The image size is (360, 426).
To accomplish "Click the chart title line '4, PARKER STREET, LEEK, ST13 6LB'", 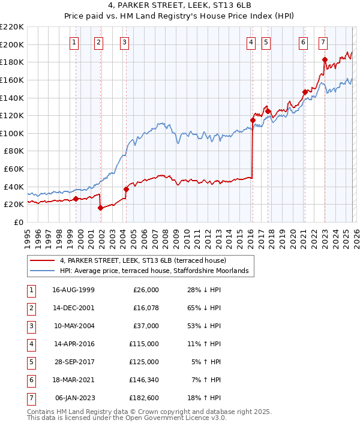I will point(179,5).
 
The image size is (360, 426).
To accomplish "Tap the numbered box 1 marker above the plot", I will point(74,42).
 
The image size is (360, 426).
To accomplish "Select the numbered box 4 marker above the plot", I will point(251,42).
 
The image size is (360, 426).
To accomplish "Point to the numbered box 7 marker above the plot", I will point(323,42).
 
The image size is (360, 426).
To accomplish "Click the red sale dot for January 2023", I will point(325,59).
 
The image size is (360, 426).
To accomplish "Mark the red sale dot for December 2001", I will point(100,208).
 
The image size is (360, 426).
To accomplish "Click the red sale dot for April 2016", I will point(253,120).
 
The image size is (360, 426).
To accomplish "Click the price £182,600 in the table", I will point(142,398).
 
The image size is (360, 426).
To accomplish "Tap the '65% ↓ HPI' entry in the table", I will point(203,308).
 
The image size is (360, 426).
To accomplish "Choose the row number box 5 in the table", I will point(31,362).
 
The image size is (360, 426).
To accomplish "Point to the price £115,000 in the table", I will point(142,344).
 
